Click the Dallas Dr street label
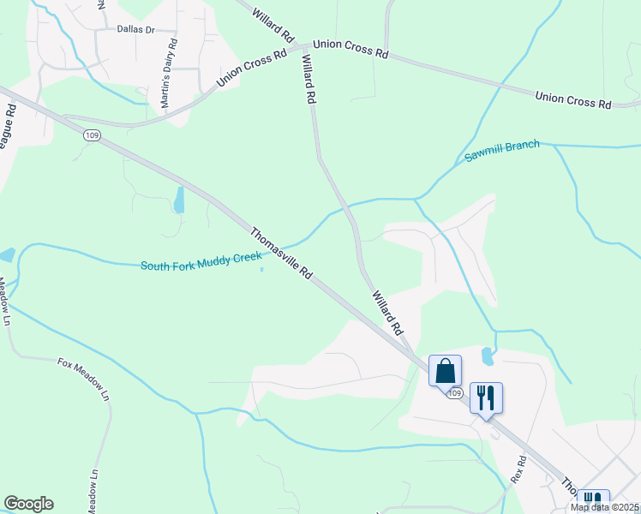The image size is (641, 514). [135, 29]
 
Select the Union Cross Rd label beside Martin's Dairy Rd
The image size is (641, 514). [252, 69]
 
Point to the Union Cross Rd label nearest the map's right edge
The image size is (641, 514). [572, 99]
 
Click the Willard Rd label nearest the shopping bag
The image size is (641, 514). [386, 312]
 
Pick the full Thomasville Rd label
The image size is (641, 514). [282, 252]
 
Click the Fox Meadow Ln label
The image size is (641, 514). [84, 379]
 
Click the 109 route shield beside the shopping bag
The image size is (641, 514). [454, 392]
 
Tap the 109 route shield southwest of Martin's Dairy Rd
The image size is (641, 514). [92, 134]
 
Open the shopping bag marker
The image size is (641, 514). [445, 371]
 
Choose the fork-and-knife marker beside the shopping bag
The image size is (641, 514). [486, 397]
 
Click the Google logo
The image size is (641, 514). [29, 504]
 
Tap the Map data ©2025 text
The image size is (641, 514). [605, 507]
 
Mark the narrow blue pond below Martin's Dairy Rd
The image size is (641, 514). [179, 200]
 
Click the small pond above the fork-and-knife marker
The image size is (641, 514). [487, 354]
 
